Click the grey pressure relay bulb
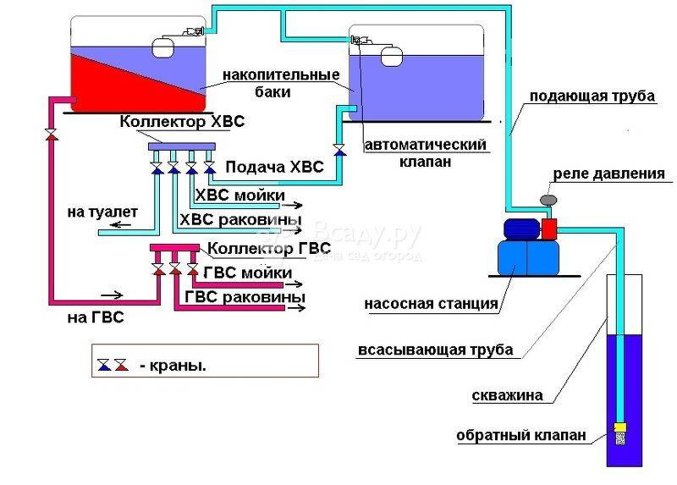pos(548,200)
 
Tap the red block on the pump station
pos(549,229)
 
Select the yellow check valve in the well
pos(620,427)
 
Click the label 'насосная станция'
pos(432,304)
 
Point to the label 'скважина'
pos(507,395)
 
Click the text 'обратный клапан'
pos(521,434)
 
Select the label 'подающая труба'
pos(592,96)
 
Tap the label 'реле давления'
pos(608,174)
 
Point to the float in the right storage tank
pos(392,56)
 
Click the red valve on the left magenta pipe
pos(52,134)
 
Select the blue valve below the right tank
pos(340,150)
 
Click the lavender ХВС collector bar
pos(182,146)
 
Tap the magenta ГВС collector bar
pos(175,247)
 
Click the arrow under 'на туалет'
pos(120,224)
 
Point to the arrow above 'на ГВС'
pos(112,295)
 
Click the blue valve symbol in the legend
pos(104,365)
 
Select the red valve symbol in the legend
pos(121,365)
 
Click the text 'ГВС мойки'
pos(248,273)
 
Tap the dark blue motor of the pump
pos(521,229)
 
